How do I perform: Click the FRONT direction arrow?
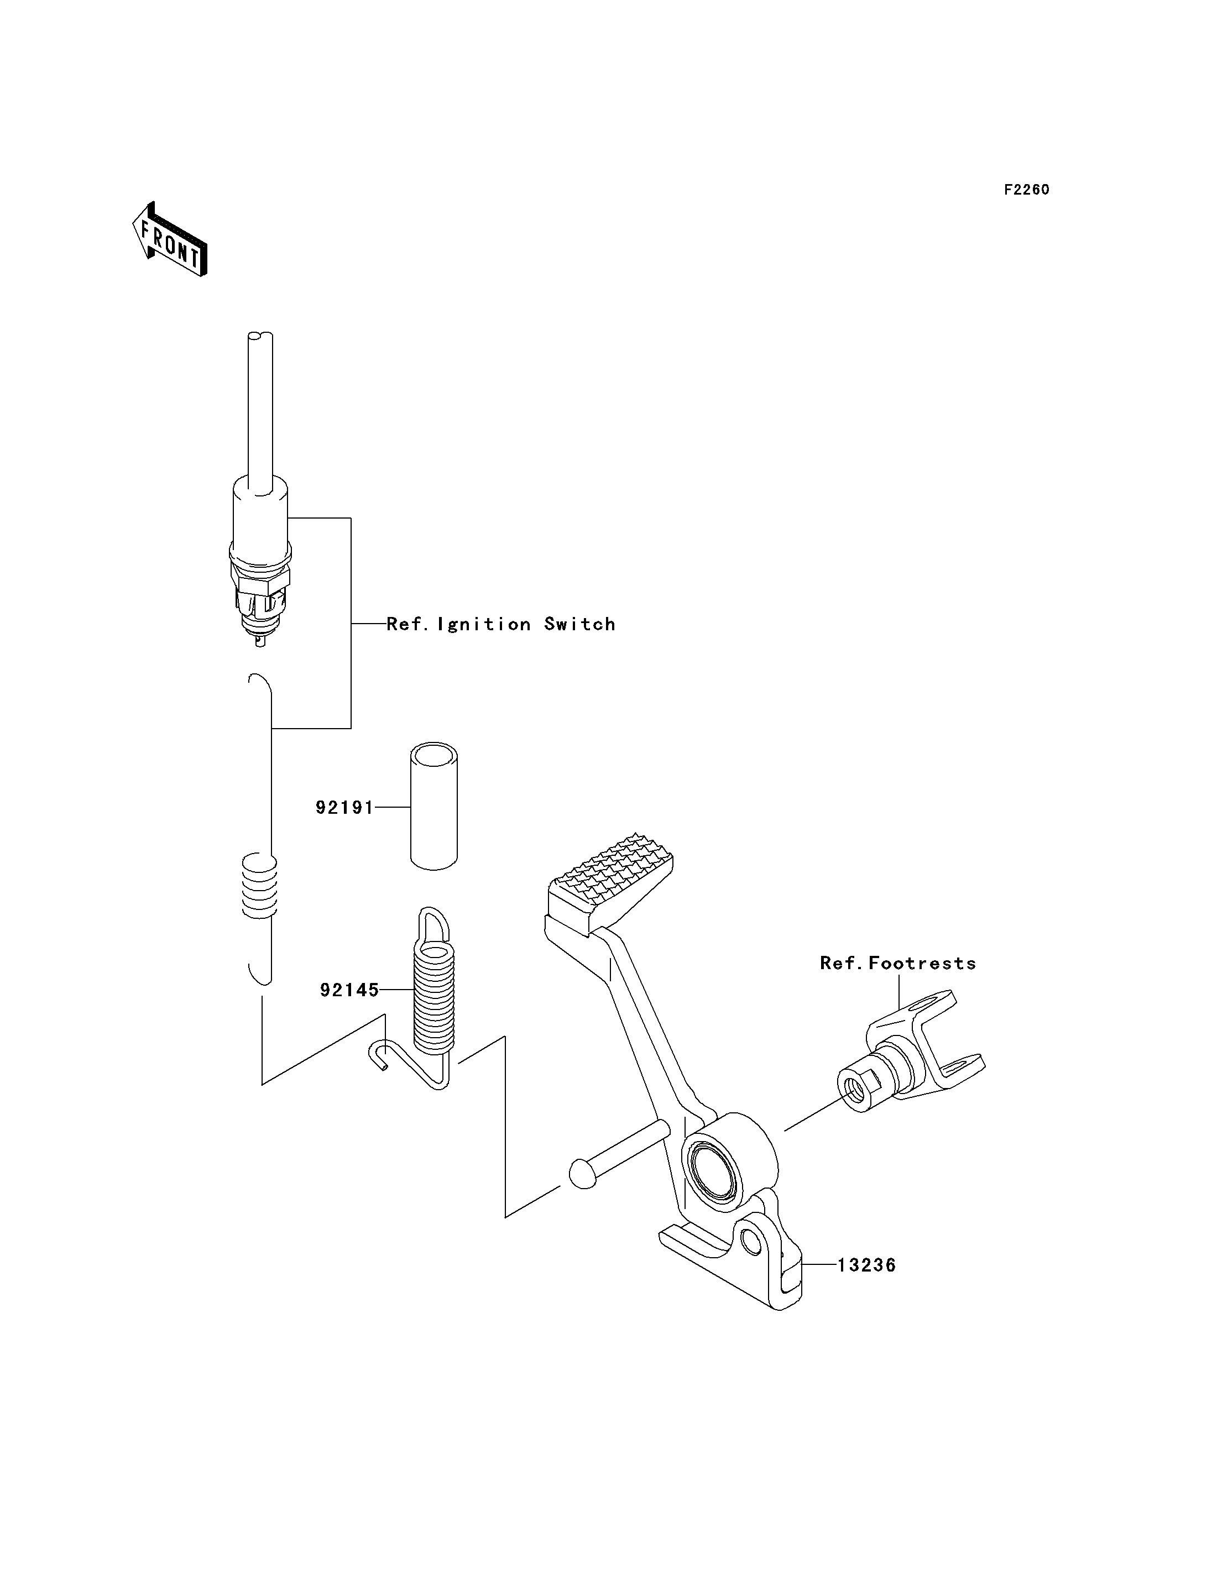point(170,239)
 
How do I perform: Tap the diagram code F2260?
point(1027,190)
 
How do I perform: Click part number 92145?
point(349,991)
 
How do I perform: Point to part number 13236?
point(866,1265)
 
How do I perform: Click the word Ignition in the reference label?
point(484,624)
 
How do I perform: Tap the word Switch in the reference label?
point(580,624)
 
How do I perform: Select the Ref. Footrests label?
point(898,963)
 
